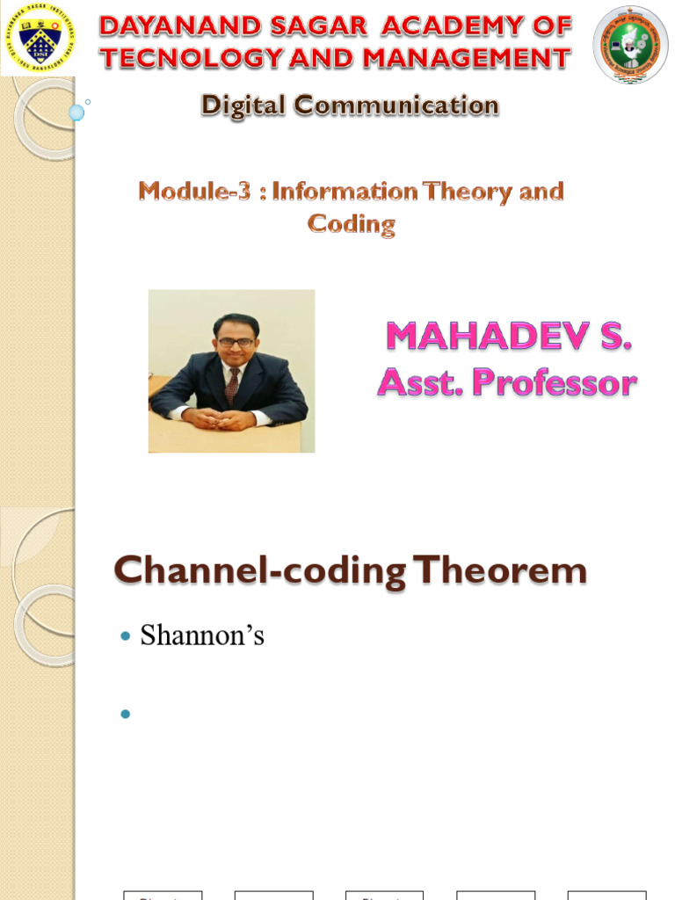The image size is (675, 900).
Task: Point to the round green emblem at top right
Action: pyautogui.click(x=630, y=44)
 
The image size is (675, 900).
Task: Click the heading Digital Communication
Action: pyautogui.click(x=350, y=105)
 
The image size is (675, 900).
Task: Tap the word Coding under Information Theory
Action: pyautogui.click(x=351, y=223)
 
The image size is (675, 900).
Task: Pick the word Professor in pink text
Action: pyautogui.click(x=555, y=382)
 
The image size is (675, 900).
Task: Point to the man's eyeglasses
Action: pyautogui.click(x=236, y=342)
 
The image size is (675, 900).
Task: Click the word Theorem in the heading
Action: pyautogui.click(x=501, y=571)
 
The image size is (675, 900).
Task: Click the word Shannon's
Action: pyautogui.click(x=202, y=635)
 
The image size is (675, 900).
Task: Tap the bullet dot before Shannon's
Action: pyautogui.click(x=125, y=635)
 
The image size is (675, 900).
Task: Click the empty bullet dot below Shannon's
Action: pyautogui.click(x=125, y=713)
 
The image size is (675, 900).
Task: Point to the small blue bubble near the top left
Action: pyautogui.click(x=76, y=112)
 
